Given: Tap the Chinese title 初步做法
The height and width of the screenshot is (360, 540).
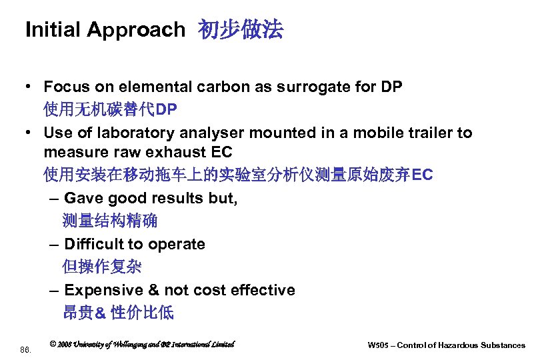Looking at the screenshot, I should (x=241, y=30).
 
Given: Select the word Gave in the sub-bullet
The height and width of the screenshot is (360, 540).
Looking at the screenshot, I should (x=84, y=199).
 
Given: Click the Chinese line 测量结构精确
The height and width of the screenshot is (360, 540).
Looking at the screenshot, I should (x=109, y=220).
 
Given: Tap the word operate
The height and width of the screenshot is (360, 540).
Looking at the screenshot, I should (x=177, y=244).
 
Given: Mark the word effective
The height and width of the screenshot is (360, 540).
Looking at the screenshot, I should (x=263, y=290).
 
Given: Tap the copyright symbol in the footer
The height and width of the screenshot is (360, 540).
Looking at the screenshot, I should (x=53, y=344).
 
